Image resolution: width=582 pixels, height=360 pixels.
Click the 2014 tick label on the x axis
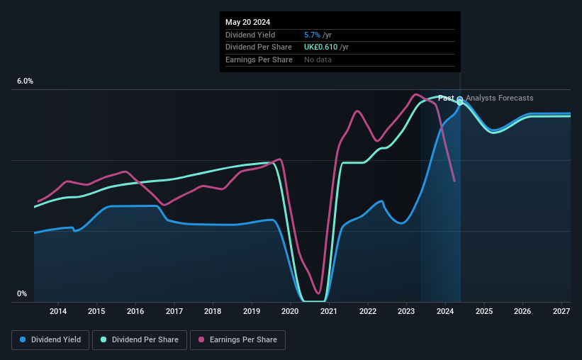tap(58, 311)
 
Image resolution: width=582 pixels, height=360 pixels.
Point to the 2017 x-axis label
tap(174, 311)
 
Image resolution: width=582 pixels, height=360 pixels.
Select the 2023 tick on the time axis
tap(407, 311)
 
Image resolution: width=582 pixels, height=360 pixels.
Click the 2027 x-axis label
tap(561, 311)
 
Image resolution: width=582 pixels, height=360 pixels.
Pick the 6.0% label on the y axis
tap(25, 81)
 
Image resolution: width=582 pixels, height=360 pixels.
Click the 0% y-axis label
tap(22, 293)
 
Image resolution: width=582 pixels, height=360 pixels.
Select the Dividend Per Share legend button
tap(143, 340)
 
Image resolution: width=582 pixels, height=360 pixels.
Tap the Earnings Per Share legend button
tap(237, 340)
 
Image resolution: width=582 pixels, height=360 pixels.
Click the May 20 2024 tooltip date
tap(247, 23)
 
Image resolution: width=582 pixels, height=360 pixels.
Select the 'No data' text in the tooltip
tap(318, 60)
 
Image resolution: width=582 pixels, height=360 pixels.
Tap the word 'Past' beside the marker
tap(446, 98)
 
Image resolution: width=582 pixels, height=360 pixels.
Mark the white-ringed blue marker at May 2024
tap(460, 100)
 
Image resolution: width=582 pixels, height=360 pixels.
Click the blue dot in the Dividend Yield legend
tap(23, 340)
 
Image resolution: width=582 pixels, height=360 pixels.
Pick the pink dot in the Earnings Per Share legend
tap(201, 340)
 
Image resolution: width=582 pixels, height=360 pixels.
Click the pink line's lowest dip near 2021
tap(319, 293)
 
